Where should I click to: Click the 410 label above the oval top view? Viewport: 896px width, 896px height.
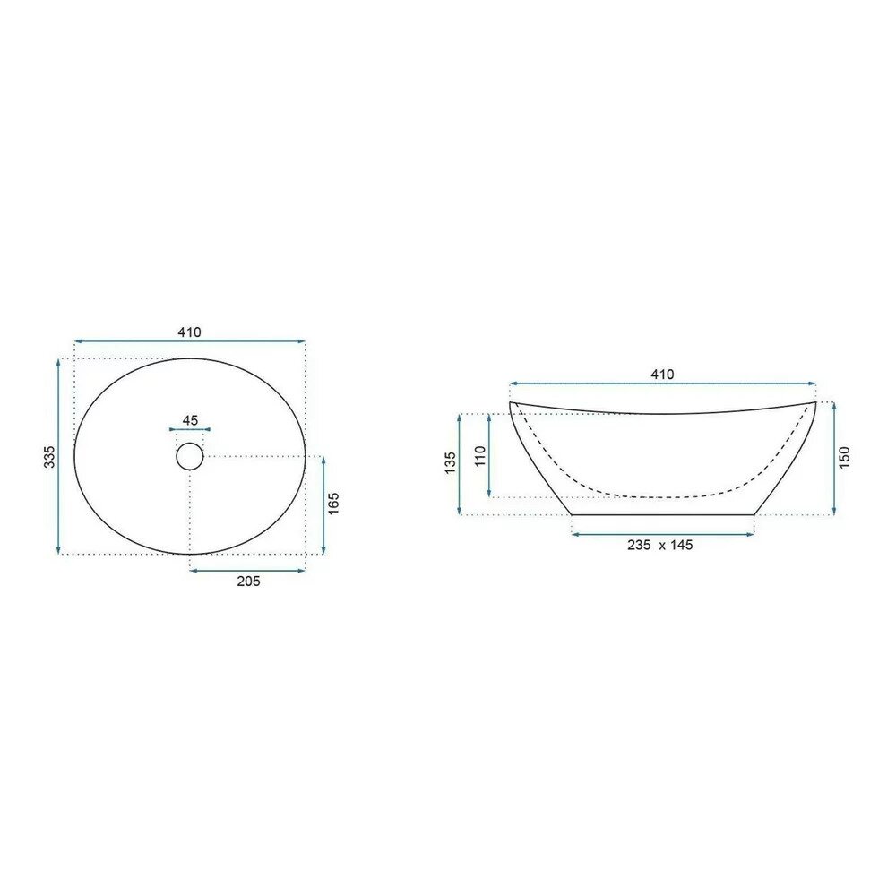pos(189,332)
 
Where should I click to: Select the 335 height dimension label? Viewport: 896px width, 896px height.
pos(49,457)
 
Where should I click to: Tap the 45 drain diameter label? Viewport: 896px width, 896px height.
pos(190,420)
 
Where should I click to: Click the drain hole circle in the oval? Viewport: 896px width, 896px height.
pos(190,456)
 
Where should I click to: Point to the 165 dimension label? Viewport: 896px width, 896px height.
pos(334,503)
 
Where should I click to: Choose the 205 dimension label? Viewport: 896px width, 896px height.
pos(248,582)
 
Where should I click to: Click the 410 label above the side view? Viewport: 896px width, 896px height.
pos(662,375)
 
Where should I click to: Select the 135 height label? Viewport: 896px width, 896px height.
pos(451,463)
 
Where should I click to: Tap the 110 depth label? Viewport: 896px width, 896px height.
pos(480,456)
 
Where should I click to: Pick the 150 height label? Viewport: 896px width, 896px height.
pos(845,458)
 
